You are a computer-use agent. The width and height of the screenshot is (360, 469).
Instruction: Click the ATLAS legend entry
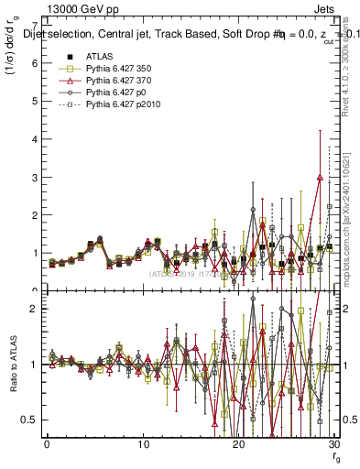tap(99, 57)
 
